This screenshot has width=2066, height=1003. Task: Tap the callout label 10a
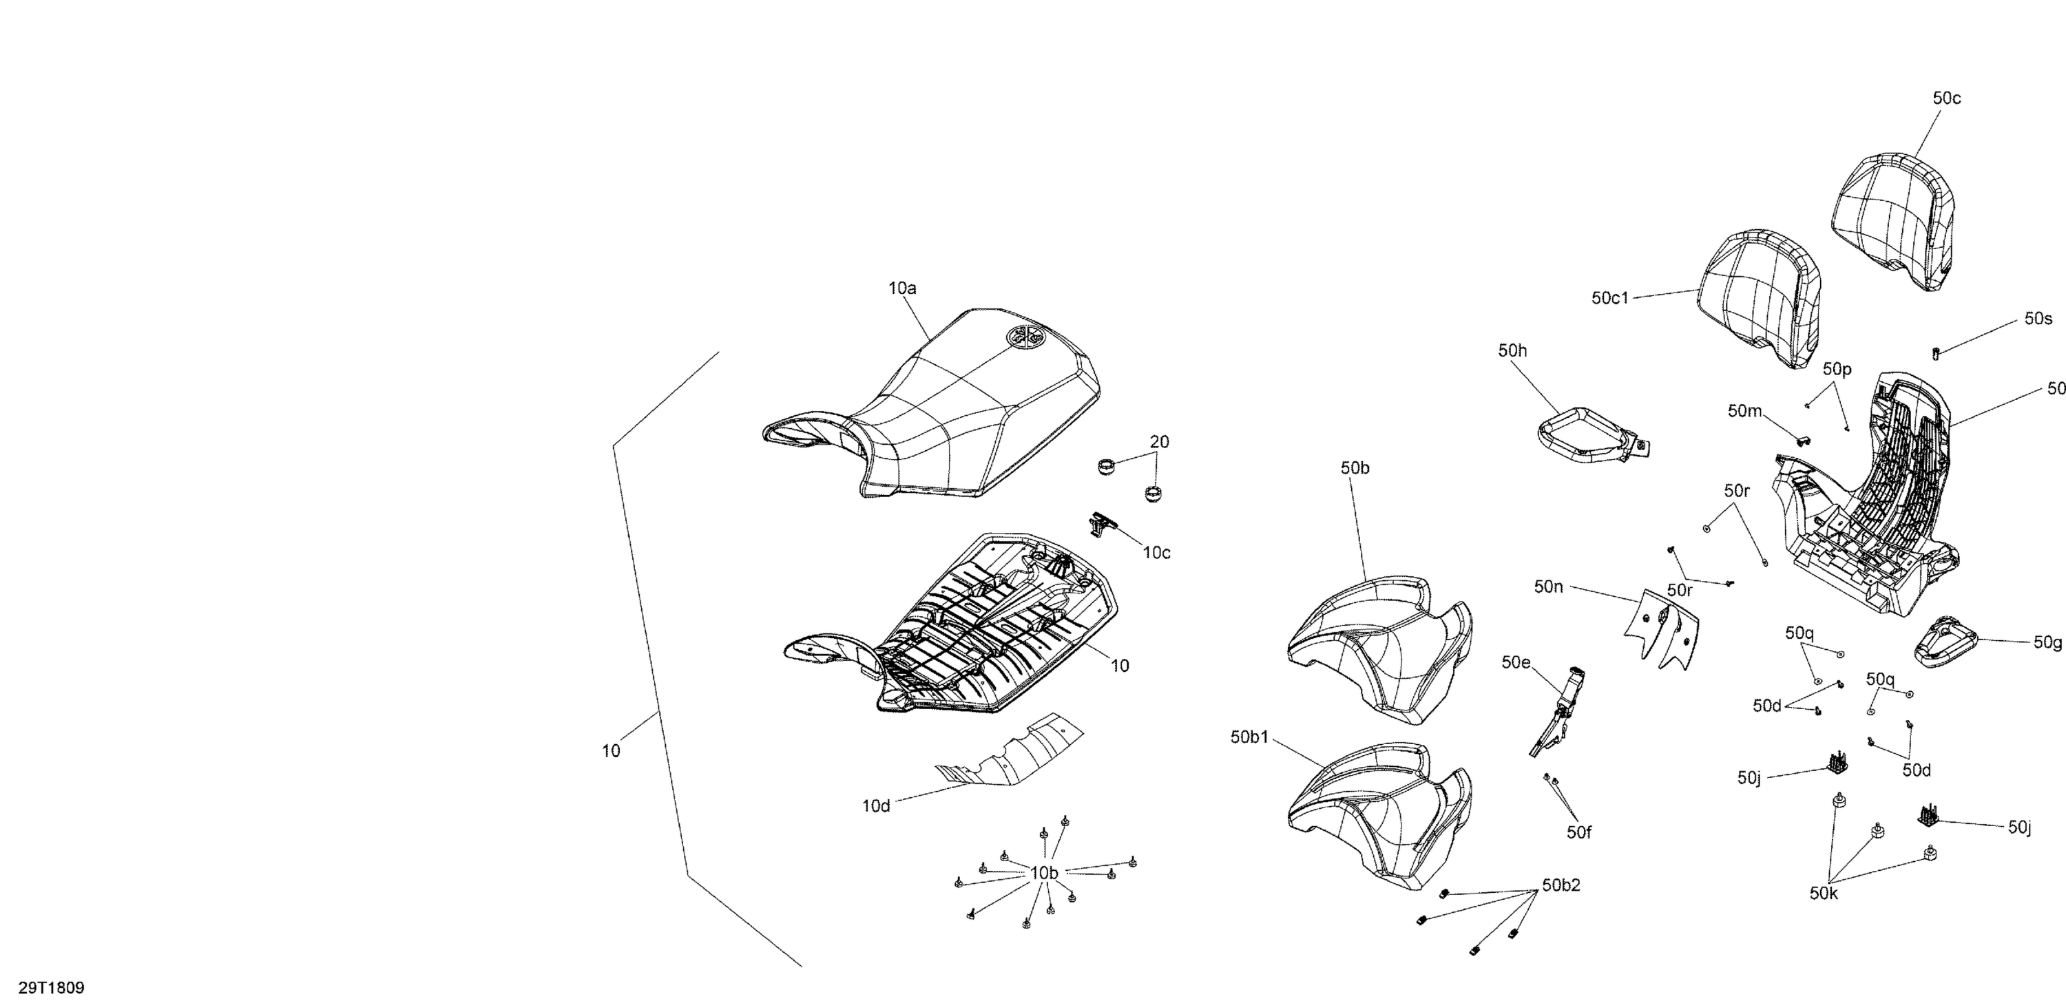point(902,288)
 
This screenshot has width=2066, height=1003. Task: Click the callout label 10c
point(1156,552)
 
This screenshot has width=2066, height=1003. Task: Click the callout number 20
point(1160,442)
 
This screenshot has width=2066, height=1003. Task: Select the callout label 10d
point(876,805)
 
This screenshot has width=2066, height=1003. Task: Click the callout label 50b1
point(1249,737)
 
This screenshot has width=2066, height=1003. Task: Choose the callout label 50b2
point(1561,885)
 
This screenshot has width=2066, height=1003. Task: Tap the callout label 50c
point(1946,98)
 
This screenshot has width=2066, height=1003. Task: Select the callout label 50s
point(2038,318)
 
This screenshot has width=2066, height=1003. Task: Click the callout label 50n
point(1549,587)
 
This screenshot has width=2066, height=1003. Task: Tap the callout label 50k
point(1824,893)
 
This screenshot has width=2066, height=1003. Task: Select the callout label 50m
point(1744,411)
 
